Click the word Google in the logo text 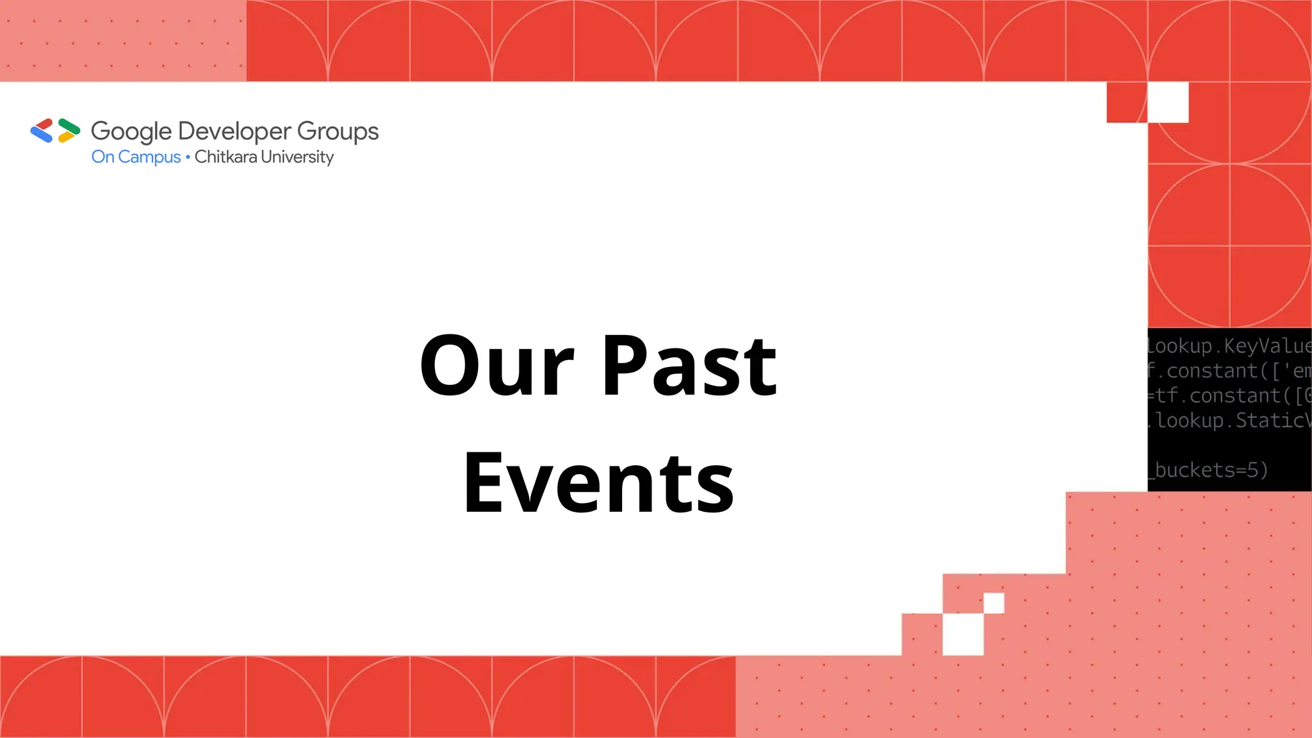[x=131, y=131]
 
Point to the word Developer [x=235, y=131]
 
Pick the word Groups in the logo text [x=338, y=131]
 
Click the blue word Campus [x=149, y=157]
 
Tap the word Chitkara [x=225, y=157]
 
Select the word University [x=297, y=157]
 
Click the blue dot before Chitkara [x=188, y=157]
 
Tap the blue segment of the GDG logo [x=42, y=135]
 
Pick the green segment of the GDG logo [x=69, y=126]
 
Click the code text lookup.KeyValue [x=1229, y=346]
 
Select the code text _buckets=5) [x=1209, y=470]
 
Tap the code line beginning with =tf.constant [x=1229, y=395]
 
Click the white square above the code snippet [x=1168, y=102]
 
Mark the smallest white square [x=994, y=603]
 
